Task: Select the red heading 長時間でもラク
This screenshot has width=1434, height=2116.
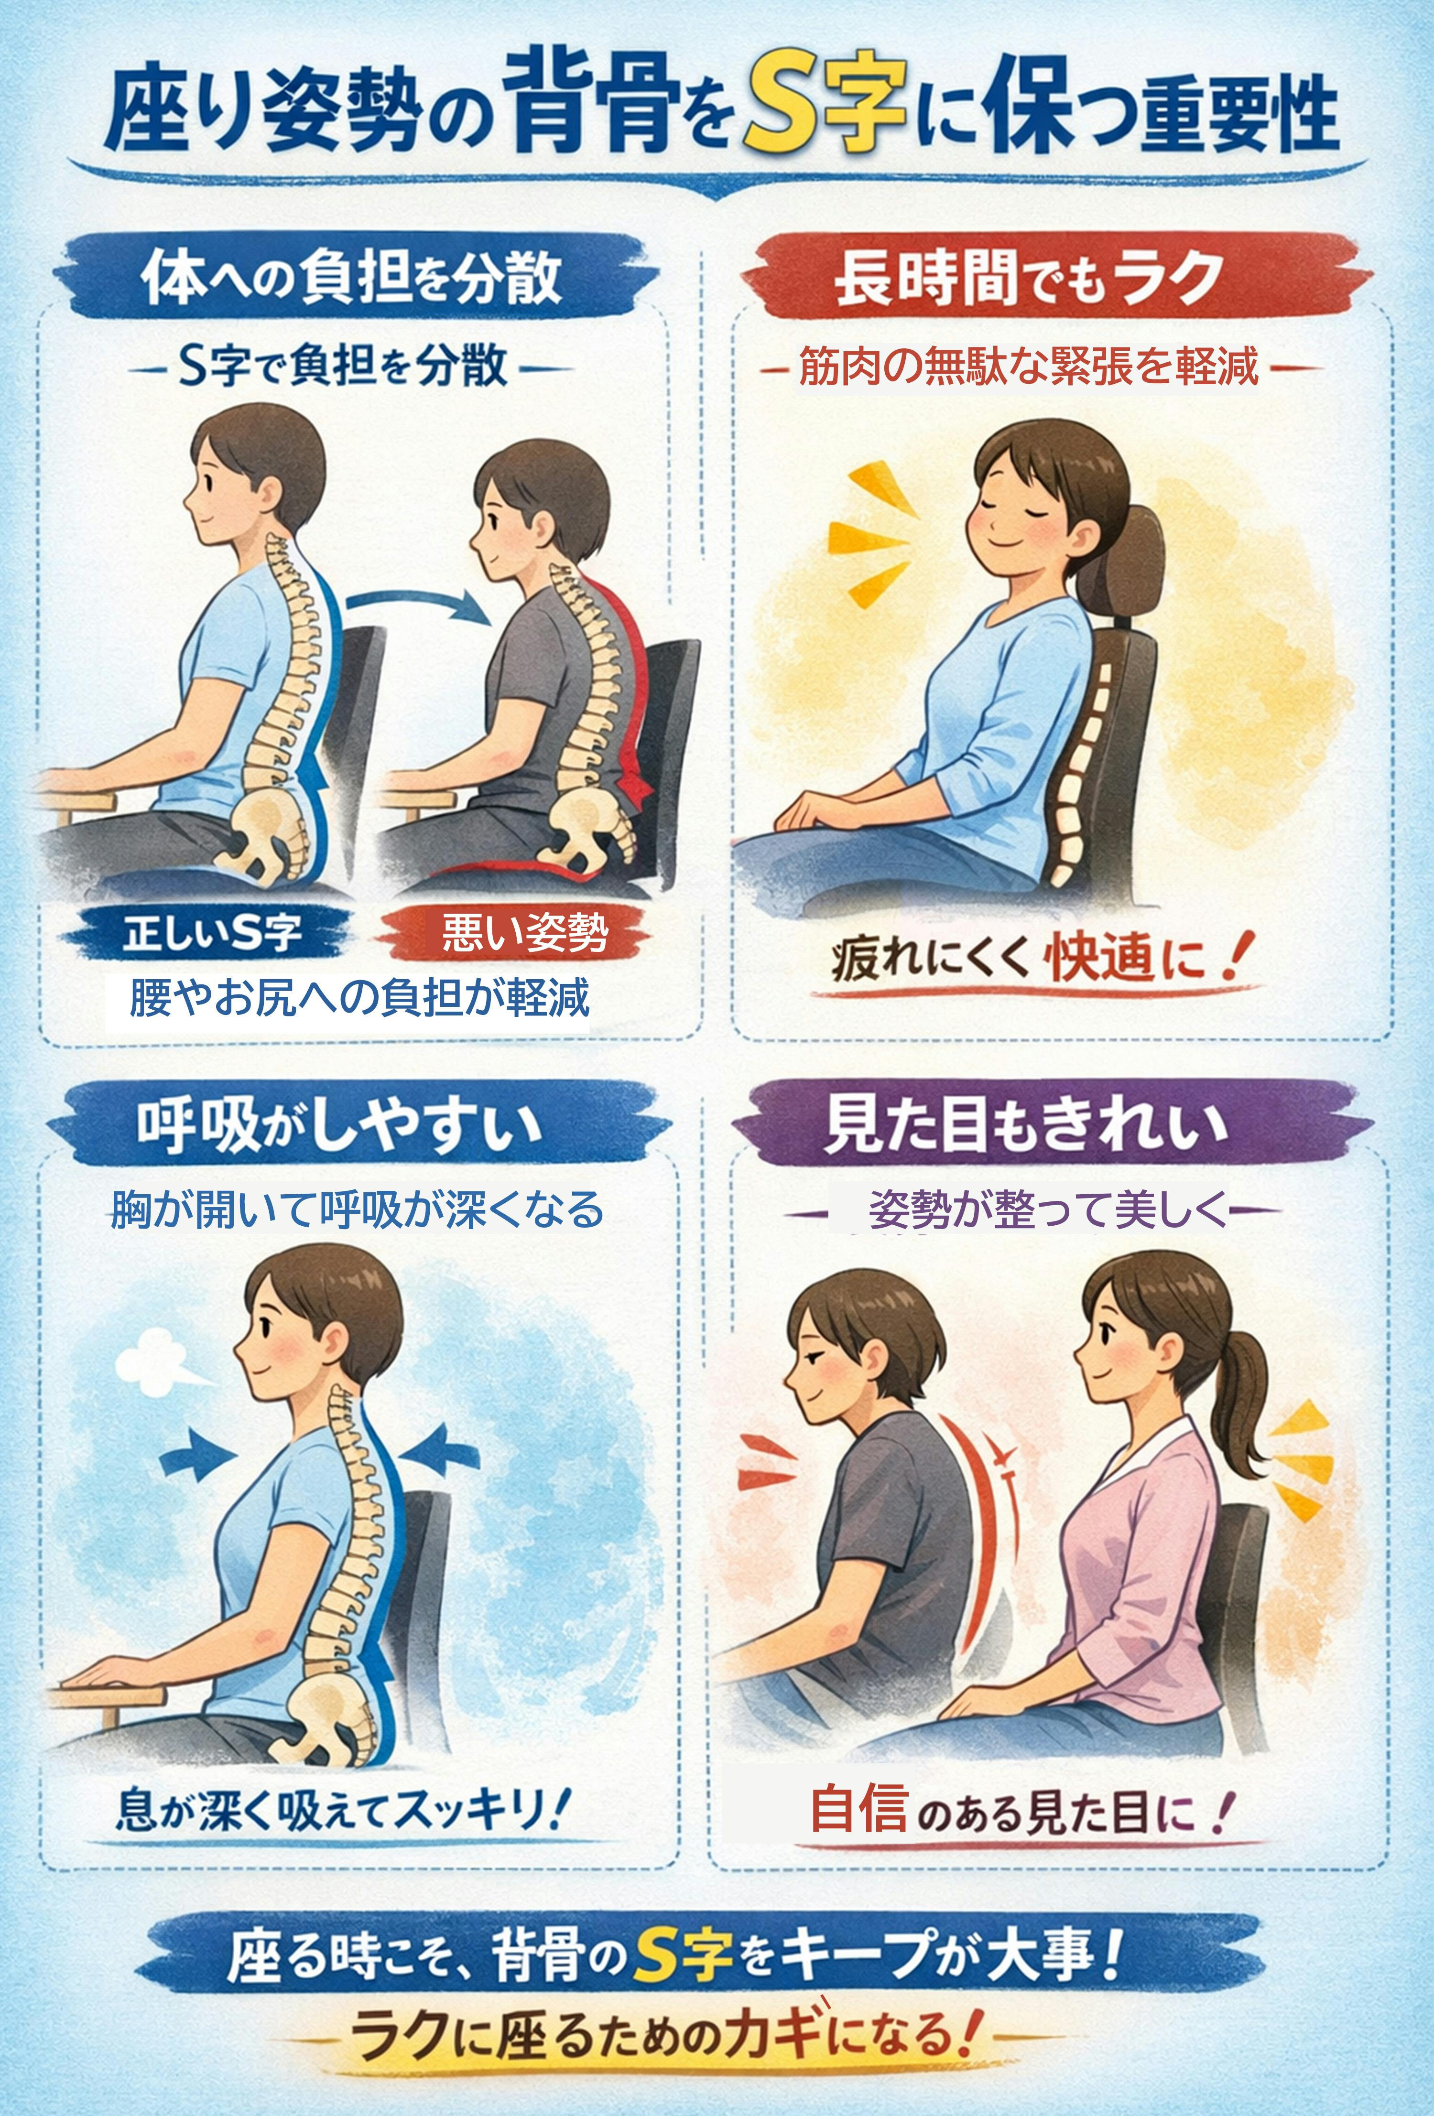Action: (1029, 278)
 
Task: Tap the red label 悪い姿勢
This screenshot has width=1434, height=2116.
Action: (524, 931)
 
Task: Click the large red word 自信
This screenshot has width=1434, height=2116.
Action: (858, 1808)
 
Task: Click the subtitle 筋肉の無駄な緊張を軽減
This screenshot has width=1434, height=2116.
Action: (1029, 368)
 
